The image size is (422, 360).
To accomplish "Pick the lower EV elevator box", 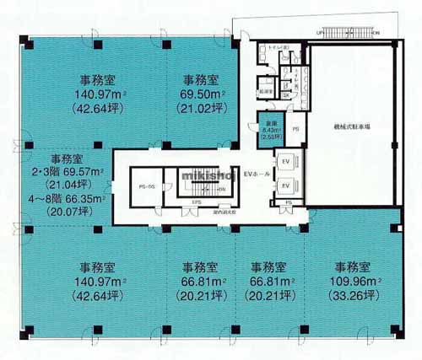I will (285, 185).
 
